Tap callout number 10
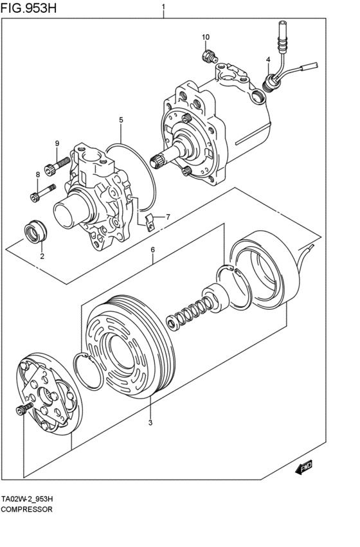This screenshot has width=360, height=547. (206, 37)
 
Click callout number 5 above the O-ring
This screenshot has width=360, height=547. (120, 120)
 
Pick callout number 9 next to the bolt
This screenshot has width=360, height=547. (57, 143)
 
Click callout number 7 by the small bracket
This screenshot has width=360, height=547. (168, 217)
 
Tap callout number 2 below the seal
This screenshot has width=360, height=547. (42, 256)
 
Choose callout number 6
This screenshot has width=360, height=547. (152, 249)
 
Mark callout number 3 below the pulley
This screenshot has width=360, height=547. (150, 422)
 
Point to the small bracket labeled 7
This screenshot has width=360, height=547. (148, 222)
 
